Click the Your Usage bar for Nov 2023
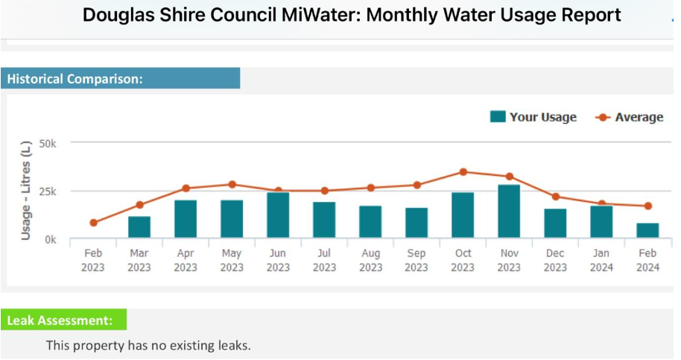pos(509,212)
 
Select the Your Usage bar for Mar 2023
pos(139,227)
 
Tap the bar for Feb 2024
pos(647,231)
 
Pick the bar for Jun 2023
pos(278,215)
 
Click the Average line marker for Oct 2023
pos(463,172)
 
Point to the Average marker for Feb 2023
pos(94,223)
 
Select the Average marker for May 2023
pos(232,184)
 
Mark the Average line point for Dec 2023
pos(555,197)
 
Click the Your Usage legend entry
pos(533,117)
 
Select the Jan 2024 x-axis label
pos(601,260)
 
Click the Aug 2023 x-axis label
pos(370,260)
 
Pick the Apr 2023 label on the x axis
pos(186,260)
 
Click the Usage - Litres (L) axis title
pos(26,189)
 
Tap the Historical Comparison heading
pos(75,78)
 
